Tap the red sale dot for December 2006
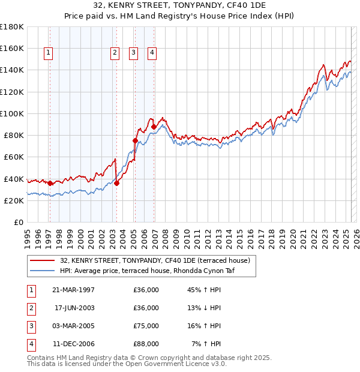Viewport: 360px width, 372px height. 154,127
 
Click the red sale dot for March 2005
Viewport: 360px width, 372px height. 135,141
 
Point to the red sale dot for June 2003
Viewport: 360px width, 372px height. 116,183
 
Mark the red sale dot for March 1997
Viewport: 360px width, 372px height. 50,183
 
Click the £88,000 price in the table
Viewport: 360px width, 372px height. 146,344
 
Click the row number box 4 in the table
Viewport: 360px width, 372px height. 31,344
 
